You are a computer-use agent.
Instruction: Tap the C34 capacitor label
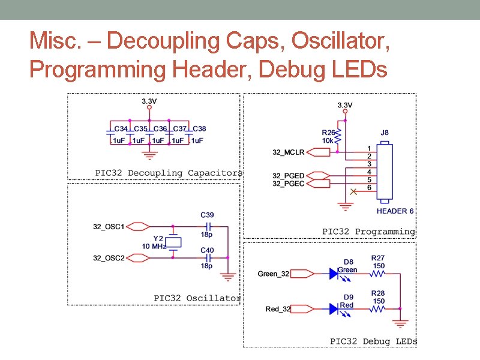(x=121, y=129)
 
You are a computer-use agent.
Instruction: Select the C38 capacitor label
(x=199, y=129)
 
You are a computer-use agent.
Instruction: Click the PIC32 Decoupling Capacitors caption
(x=169, y=173)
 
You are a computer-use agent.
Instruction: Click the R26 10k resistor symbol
(x=338, y=137)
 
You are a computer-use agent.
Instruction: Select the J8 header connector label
(x=384, y=133)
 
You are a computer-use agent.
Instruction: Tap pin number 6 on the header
(x=370, y=188)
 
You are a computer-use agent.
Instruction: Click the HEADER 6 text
(x=395, y=211)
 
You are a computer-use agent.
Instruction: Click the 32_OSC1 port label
(x=109, y=227)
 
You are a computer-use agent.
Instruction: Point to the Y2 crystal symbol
(x=173, y=242)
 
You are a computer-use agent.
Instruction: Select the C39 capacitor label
(x=206, y=215)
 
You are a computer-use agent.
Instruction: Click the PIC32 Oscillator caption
(x=197, y=298)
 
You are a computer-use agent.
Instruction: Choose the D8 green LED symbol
(x=334, y=274)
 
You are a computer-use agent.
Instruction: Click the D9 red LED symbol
(x=334, y=309)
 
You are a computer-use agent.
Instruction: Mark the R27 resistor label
(x=378, y=259)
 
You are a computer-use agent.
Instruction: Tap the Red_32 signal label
(x=278, y=309)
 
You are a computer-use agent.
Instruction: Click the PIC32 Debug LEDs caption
(x=373, y=341)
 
